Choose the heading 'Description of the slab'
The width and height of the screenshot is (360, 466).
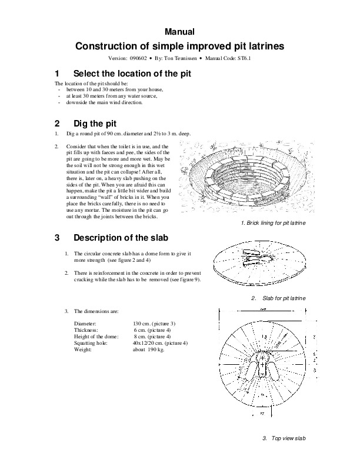coord(121,238)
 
